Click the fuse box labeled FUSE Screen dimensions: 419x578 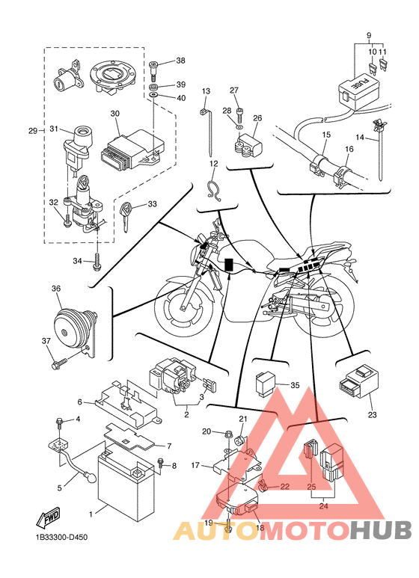pos(357,90)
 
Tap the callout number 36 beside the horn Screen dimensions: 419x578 pos(56,289)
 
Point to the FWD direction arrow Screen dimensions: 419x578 pos(47,517)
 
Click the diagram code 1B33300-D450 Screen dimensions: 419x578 pos(61,537)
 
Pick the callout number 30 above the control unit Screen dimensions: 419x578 pos(115,114)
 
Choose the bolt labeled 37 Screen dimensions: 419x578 pos(59,363)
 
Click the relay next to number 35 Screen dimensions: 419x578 pos(266,384)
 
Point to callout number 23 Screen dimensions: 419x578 pos(372,415)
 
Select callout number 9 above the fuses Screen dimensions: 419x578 pos(369,36)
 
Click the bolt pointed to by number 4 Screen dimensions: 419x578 pos(58,424)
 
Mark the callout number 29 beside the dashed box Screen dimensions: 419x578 pos(33,131)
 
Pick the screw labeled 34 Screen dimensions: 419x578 pos(97,262)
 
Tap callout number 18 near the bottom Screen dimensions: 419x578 pos(260,527)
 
